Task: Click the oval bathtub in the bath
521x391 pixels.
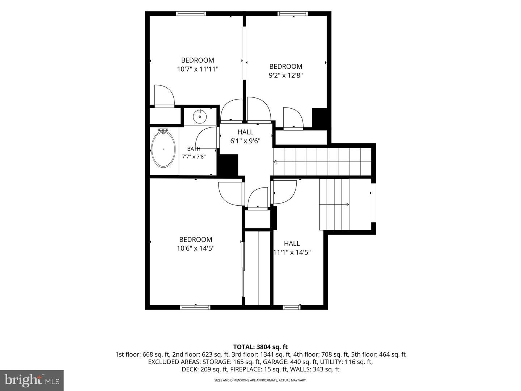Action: click(x=164, y=149)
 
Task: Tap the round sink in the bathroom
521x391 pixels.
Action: click(x=200, y=116)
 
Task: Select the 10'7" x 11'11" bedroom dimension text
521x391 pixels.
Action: click(x=198, y=69)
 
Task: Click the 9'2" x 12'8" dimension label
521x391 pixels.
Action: click(x=286, y=75)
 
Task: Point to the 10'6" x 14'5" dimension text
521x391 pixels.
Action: click(x=196, y=248)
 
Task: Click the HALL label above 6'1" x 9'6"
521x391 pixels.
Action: click(x=245, y=132)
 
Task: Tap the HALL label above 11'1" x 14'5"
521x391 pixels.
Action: click(x=292, y=243)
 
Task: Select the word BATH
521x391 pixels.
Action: click(x=194, y=149)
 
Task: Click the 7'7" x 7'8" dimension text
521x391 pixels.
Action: click(x=194, y=157)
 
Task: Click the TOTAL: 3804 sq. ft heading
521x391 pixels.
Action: click(x=260, y=347)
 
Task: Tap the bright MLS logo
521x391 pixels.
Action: click(x=32, y=380)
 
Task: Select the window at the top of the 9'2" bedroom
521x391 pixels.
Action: click(x=293, y=13)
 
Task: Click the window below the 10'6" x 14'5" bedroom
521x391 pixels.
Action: click(x=195, y=307)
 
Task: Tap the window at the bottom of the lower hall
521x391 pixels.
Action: click(x=292, y=307)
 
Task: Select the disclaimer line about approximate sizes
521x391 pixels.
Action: click(x=260, y=380)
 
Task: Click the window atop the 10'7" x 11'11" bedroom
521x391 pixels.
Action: click(x=191, y=13)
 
